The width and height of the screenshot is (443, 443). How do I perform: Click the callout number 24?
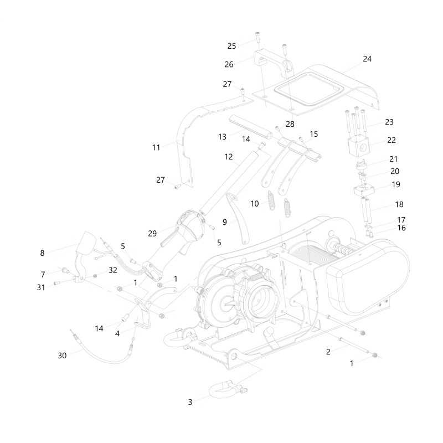367,59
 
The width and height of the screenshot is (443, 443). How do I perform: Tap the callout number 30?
62,356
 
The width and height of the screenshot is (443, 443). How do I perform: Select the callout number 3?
190,402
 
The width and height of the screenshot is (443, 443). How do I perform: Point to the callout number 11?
156,147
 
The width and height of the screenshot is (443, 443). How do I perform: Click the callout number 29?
152,234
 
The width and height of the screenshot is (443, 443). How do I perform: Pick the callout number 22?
392,140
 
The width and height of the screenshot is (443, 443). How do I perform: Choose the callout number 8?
42,253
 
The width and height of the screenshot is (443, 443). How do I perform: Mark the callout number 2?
328,352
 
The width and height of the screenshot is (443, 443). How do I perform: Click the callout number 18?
399,204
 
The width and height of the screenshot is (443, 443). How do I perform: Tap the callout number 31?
41,287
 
